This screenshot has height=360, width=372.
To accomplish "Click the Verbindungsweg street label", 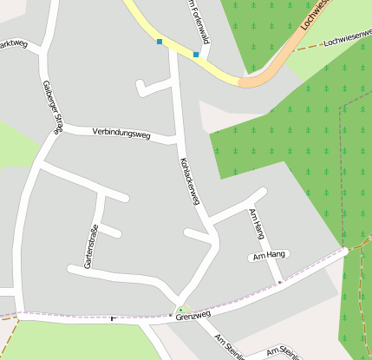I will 121,134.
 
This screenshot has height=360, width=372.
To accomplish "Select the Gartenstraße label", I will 90,245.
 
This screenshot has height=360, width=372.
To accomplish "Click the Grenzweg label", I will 193,316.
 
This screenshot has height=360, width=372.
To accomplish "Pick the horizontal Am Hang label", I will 268,255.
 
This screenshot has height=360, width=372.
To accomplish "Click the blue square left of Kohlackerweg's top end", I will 160,42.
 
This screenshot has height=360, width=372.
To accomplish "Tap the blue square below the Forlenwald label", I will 196,55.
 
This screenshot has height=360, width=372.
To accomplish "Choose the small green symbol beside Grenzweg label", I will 180,310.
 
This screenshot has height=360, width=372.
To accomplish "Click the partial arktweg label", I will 15,43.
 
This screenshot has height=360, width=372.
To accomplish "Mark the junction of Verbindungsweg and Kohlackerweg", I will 180,139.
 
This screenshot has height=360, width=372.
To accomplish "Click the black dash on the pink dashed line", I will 113,317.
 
